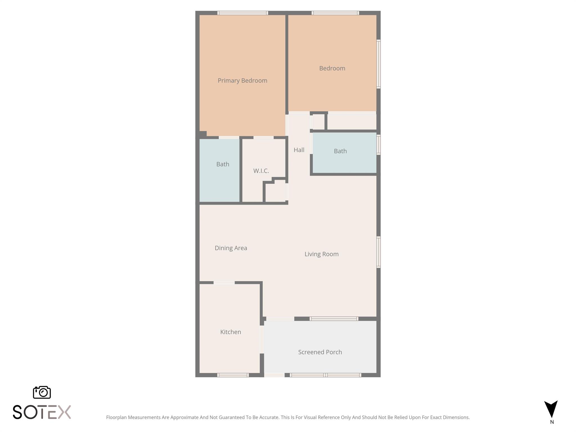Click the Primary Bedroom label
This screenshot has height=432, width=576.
(x=242, y=81)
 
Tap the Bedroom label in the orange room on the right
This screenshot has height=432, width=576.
(x=332, y=68)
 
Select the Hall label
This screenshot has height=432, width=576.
(x=299, y=150)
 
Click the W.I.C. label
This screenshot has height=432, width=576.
(x=261, y=171)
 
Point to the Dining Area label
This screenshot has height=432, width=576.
(x=231, y=248)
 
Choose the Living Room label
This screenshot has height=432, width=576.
(x=321, y=254)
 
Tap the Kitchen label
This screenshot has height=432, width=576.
(x=230, y=332)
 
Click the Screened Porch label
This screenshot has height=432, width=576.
(x=320, y=352)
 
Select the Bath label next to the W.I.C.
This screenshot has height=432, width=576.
(x=222, y=164)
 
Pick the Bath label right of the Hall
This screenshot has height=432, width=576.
(x=340, y=151)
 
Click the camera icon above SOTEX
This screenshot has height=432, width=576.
(x=42, y=392)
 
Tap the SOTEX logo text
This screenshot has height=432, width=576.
(x=42, y=412)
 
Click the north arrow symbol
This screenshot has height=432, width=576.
(x=551, y=409)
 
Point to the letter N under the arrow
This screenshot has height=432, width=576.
(x=552, y=422)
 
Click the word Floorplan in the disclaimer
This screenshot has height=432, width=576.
(x=116, y=417)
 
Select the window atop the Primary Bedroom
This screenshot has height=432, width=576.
(x=242, y=13)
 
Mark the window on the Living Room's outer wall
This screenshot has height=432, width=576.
(x=379, y=252)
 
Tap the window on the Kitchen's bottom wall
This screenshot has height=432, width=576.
(x=233, y=375)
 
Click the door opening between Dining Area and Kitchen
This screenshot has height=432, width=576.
(x=224, y=283)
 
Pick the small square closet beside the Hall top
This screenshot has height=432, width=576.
(x=318, y=122)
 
